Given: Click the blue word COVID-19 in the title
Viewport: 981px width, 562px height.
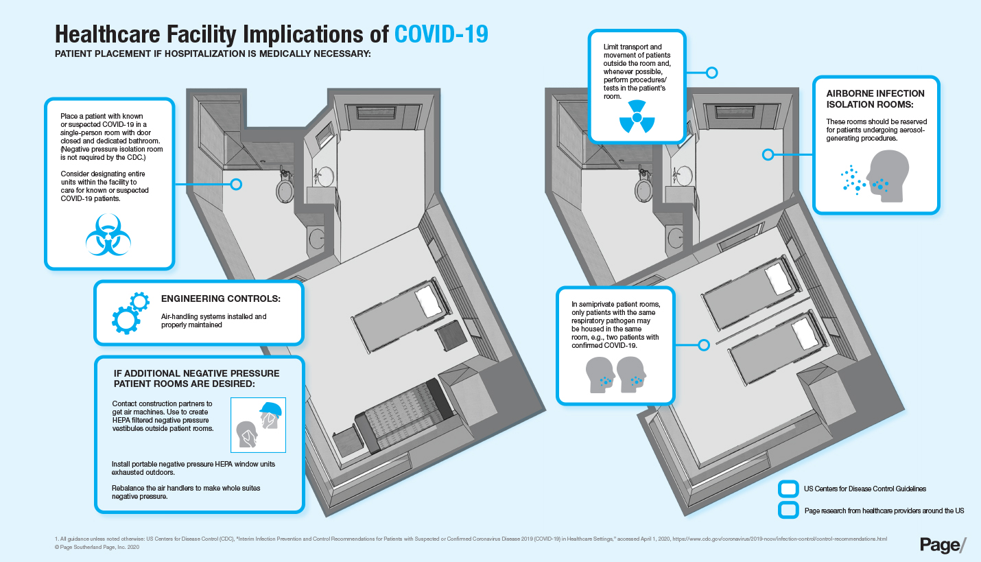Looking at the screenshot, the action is pos(441,34).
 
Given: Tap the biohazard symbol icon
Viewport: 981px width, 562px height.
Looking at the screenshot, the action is pos(108,235).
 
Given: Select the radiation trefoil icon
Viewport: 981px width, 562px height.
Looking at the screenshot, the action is pos(637,117).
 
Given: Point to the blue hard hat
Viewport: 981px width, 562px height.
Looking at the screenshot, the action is pos(271,409).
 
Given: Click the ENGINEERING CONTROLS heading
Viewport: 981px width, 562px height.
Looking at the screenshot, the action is pos(221,298).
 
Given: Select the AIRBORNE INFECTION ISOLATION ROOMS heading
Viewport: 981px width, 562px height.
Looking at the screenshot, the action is pos(875,99).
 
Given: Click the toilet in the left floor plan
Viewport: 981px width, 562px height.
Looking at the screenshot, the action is pos(285,187).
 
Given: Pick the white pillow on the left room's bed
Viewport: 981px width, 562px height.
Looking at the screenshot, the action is pos(429,301).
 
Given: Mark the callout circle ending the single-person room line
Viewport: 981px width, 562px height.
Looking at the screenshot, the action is pos(236,185).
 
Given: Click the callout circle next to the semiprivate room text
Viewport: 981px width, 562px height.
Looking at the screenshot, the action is pos(704,345).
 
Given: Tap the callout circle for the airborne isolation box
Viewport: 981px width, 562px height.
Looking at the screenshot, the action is pos(768,154).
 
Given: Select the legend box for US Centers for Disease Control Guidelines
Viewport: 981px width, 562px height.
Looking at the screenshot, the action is pos(788,489).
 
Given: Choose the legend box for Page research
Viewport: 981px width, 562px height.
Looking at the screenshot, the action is pos(788,511).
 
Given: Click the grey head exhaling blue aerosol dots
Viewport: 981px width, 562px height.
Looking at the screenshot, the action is pos(887,176).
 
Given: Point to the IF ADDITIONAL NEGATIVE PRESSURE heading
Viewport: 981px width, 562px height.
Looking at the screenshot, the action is pos(197,379).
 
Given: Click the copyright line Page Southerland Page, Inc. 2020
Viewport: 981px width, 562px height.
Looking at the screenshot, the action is pos(97,547).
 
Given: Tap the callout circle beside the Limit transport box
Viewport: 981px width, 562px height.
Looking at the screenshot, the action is pos(712,73).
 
